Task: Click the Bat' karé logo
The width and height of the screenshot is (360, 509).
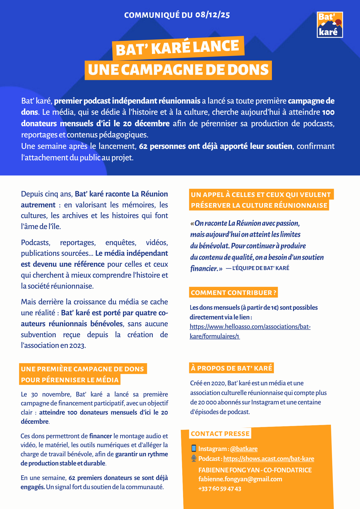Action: (330, 25)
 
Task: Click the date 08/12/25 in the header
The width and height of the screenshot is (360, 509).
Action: (213, 15)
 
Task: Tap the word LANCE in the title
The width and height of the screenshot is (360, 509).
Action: (216, 47)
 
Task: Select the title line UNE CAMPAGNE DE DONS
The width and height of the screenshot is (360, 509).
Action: (178, 70)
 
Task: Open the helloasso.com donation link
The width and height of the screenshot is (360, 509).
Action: (250, 331)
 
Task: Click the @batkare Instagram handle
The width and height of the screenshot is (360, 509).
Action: (244, 449)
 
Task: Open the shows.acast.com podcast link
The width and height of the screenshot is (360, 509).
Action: (269, 459)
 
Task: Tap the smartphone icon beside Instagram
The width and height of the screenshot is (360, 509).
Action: (194, 448)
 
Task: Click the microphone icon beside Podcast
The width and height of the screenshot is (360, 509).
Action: (194, 458)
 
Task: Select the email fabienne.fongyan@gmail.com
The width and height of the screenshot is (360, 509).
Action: (240, 479)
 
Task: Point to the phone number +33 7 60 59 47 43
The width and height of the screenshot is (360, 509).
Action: (219, 489)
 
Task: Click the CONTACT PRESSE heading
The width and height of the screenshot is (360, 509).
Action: (220, 434)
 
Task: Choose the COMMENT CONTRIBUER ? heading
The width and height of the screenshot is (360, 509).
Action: (233, 293)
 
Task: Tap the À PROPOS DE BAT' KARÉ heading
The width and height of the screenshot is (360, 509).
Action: (231, 368)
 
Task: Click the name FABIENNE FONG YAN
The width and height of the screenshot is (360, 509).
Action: (229, 470)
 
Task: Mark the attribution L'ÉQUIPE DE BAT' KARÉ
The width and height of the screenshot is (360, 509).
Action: (260, 268)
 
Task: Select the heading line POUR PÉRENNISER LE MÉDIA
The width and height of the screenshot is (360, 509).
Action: (70, 380)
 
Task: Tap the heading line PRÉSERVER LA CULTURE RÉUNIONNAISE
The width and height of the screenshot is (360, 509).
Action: (259, 205)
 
